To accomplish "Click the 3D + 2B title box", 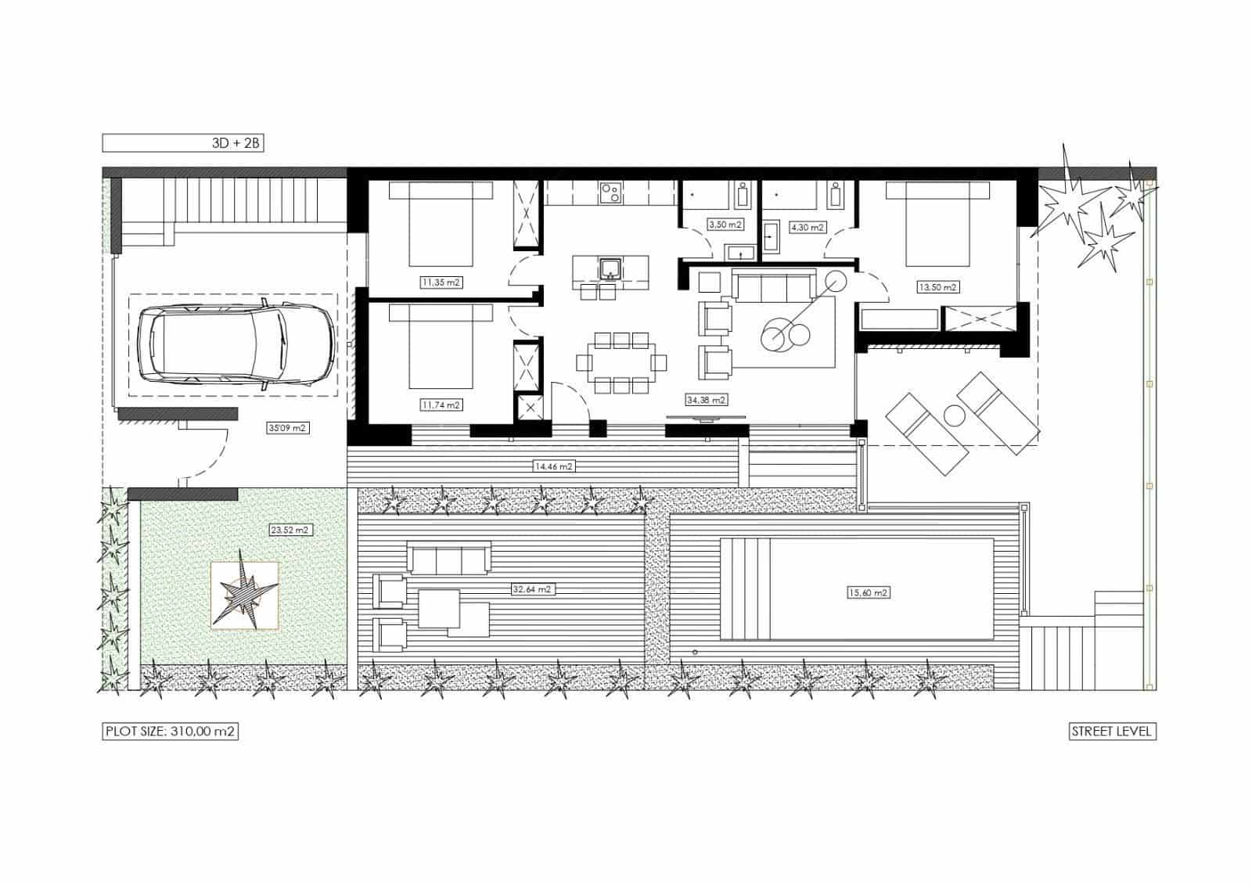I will pyautogui.click(x=183, y=143).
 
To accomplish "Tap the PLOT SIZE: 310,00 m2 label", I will pyautogui.click(x=170, y=732).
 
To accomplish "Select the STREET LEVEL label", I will pyautogui.click(x=1112, y=732).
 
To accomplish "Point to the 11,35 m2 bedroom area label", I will pyautogui.click(x=441, y=282).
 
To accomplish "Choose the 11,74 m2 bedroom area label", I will pyautogui.click(x=441, y=405).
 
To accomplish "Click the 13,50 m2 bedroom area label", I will pyautogui.click(x=937, y=287).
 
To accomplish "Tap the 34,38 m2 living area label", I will pyautogui.click(x=706, y=400).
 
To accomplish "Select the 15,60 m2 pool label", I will pyautogui.click(x=869, y=592).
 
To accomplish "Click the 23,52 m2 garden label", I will pyautogui.click(x=290, y=530).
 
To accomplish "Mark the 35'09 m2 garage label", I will pyautogui.click(x=287, y=428).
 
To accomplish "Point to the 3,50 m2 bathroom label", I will pyautogui.click(x=725, y=225).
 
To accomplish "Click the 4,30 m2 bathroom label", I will pyautogui.click(x=808, y=228).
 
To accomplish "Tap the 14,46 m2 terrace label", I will pyautogui.click(x=553, y=466).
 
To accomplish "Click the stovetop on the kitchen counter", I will pyautogui.click(x=610, y=191).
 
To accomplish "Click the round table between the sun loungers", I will pyautogui.click(x=954, y=416).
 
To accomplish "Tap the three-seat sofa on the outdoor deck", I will pyautogui.click(x=448, y=559).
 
